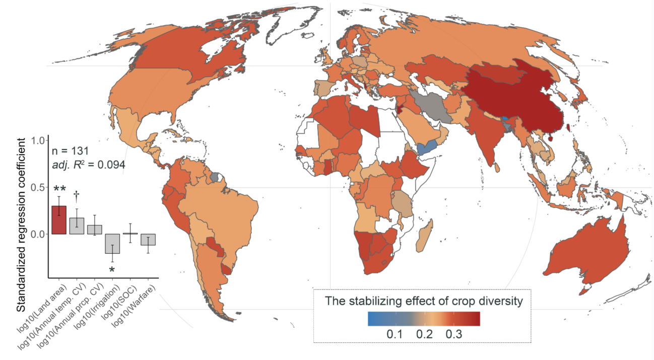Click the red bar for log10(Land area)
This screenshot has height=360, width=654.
point(58,220)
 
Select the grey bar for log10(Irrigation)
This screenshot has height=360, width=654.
point(112,244)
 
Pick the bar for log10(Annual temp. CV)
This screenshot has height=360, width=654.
point(77,226)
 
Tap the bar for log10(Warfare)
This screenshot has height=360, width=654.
point(148,239)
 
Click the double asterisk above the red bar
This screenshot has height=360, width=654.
point(59,190)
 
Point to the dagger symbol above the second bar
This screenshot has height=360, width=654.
point(77,195)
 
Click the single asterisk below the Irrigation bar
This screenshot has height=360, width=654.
point(112,270)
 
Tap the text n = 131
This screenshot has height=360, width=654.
point(71,151)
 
